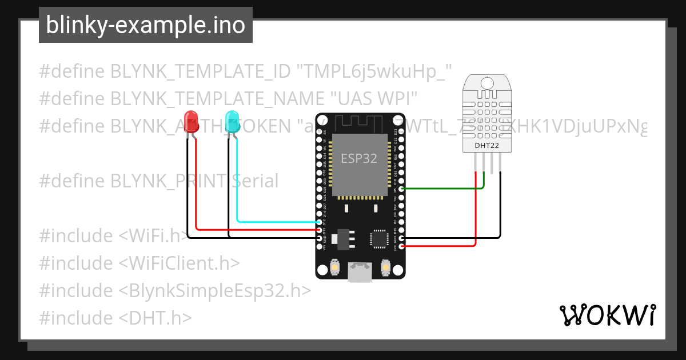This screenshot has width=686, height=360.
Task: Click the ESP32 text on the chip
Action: click(359, 159)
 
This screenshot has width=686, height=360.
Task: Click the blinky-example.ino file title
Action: click(145, 25)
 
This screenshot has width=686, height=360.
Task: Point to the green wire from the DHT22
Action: click(446, 188)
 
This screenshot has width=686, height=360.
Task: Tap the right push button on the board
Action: click(385, 266)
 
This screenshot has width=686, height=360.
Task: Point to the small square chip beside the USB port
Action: click(378, 238)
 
